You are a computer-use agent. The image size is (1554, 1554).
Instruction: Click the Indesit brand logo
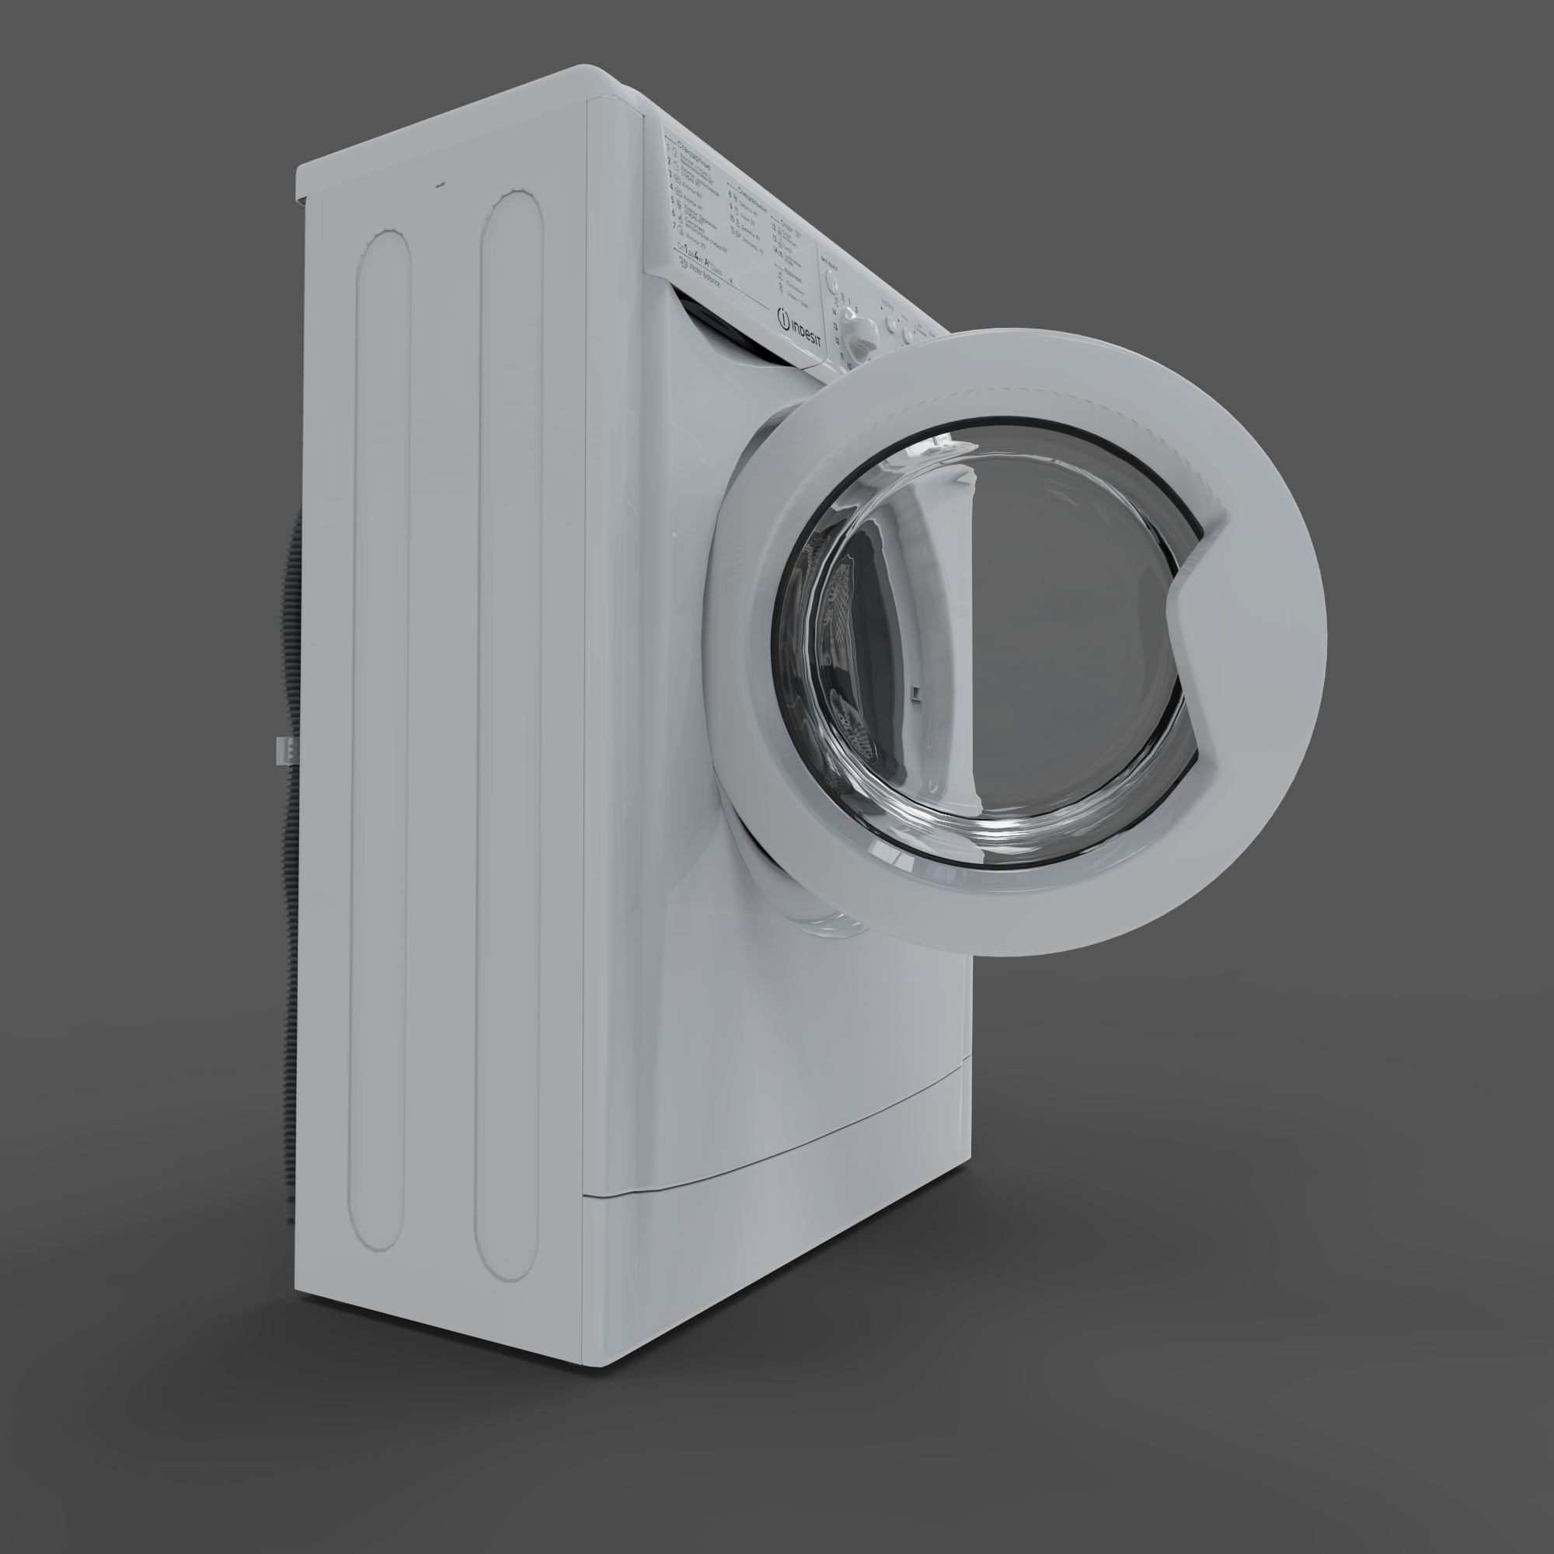(x=800, y=329)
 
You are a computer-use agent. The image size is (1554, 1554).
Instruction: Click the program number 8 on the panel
(x=731, y=193)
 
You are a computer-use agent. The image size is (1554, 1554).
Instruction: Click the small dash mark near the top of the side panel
(x=440, y=184)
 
